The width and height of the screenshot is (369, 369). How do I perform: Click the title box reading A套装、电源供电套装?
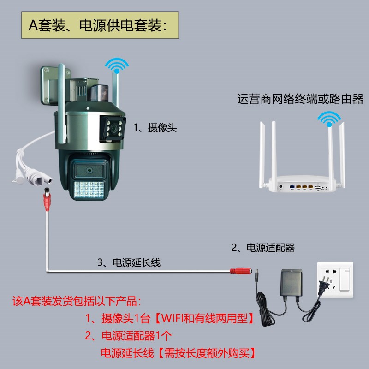(100, 25)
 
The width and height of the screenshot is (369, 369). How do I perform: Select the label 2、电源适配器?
(262, 248)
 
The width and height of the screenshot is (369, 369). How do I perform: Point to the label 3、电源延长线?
(129, 262)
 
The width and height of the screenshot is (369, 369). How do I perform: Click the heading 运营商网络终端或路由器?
(300, 99)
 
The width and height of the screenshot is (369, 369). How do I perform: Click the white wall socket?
(333, 281)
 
